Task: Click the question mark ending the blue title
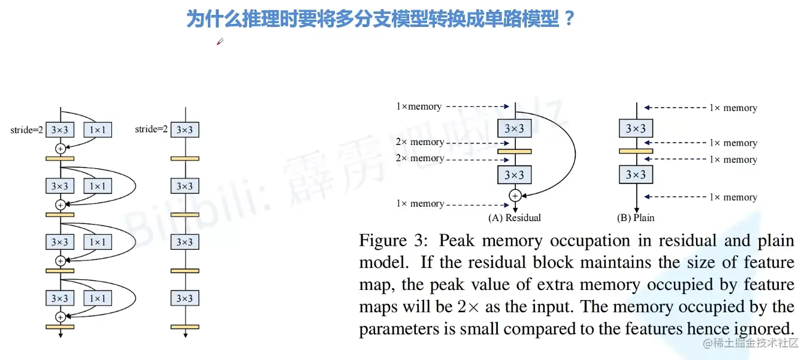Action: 569,19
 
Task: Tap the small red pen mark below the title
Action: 220,41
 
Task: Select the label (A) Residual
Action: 514,217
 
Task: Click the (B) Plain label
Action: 635,217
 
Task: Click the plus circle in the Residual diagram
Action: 514,195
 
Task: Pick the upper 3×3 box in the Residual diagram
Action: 514,128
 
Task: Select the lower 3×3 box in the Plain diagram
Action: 635,174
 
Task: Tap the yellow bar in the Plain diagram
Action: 635,151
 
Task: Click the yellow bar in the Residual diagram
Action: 514,151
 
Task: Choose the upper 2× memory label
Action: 419,142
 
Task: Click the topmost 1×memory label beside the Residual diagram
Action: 418,107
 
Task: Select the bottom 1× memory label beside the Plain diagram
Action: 733,197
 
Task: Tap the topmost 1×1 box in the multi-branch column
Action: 98,130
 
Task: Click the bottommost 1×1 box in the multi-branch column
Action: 98,298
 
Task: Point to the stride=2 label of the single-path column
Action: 151,129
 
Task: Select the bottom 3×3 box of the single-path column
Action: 185,298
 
